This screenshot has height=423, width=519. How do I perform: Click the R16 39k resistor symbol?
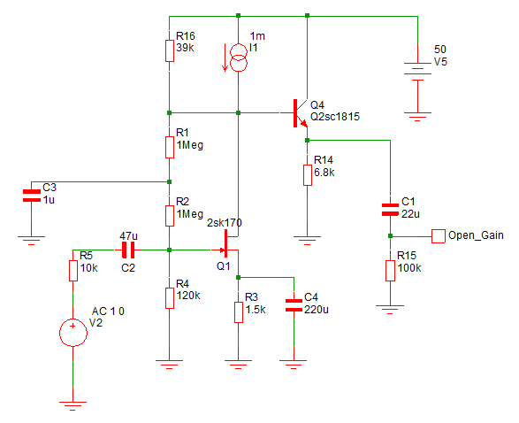170,50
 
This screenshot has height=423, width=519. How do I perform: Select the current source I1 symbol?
239,58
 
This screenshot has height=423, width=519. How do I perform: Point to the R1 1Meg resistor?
170,147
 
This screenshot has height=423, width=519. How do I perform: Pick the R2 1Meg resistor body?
170,216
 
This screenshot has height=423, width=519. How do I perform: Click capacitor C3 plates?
32,196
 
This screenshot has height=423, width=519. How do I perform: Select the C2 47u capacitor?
128,250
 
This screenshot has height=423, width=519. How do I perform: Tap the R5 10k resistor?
73,271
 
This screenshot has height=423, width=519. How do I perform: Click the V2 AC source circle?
73,333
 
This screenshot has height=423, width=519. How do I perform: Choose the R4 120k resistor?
170,298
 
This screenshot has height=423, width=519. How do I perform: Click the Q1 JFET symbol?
226,243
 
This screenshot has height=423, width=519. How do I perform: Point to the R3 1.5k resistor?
239,312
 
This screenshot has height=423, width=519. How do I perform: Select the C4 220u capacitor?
294,305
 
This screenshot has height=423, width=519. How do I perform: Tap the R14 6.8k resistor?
308,175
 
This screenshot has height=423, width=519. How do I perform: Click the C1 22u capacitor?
390,210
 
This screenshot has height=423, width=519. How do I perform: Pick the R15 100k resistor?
390,271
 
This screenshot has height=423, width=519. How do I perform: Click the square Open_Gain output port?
439,236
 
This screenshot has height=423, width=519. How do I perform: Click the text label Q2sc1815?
335,117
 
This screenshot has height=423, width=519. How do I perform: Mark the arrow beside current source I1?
225,58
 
